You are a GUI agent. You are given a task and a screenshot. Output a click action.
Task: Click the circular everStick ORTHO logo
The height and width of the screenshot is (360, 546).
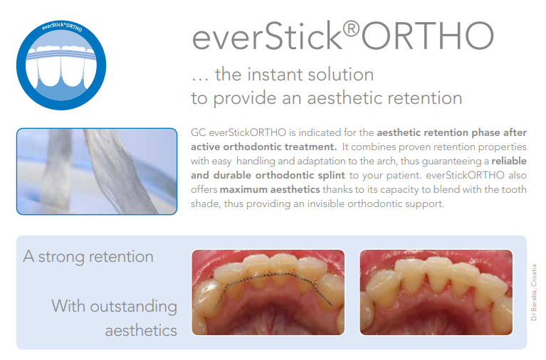point(61,65)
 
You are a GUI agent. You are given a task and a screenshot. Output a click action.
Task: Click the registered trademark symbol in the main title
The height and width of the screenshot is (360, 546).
point(351,29)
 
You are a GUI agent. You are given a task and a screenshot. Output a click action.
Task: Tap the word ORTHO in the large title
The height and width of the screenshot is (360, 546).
point(428,36)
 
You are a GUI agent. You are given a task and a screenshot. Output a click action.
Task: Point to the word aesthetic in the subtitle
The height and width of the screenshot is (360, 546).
point(342,98)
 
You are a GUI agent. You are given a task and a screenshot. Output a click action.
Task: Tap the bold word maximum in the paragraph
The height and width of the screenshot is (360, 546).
point(243,189)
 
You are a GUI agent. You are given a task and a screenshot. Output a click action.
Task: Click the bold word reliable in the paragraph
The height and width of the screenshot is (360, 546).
point(509,161)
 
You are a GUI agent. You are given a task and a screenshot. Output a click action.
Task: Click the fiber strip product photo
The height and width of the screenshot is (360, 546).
point(97,171)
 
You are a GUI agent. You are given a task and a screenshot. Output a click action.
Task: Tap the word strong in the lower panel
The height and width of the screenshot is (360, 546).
point(61,258)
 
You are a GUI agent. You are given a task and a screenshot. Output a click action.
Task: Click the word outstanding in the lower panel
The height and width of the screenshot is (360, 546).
point(134,307)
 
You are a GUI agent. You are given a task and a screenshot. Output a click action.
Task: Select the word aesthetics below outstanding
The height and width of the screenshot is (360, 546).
point(141,331)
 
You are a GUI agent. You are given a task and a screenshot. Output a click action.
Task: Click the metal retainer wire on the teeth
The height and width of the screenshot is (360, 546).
point(273,285)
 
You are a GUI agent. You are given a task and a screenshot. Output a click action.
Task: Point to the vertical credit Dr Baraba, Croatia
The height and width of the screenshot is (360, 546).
point(533,292)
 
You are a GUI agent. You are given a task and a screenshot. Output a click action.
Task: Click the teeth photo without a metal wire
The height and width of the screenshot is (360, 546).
point(436,292)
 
